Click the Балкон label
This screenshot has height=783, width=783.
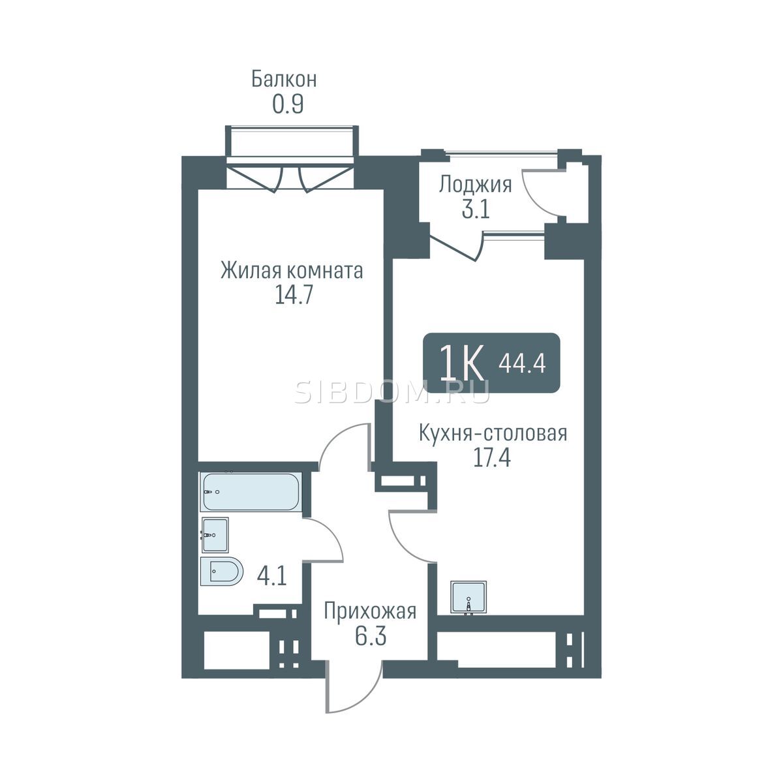[x=284, y=79]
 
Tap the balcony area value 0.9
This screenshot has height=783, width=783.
[x=288, y=105]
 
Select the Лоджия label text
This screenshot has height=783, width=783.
[x=475, y=185]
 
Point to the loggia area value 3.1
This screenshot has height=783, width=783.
[x=476, y=210]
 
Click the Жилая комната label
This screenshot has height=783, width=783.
[x=292, y=271]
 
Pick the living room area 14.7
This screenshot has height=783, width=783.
[x=294, y=296]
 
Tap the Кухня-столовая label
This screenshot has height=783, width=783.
[x=493, y=433]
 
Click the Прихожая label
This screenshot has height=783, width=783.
[x=370, y=611]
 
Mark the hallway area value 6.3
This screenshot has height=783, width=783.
[x=371, y=636]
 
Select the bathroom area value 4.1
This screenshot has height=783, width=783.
[x=272, y=576]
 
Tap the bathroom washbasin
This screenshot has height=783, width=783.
[x=215, y=535]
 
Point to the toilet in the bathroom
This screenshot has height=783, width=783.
[x=221, y=571]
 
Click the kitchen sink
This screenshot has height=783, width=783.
[x=468, y=598]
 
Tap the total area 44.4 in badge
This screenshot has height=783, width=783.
[x=522, y=363]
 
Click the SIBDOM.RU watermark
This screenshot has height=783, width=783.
[x=391, y=391]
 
